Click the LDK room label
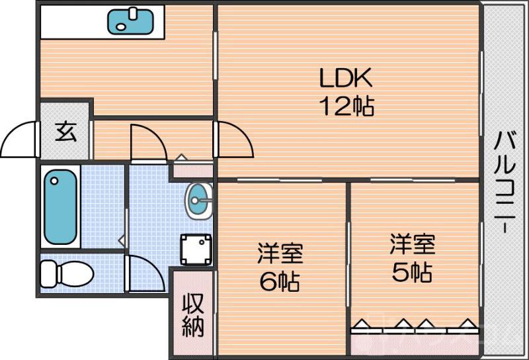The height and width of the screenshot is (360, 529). coord(347,78)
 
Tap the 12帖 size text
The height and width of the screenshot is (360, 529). coord(347,106)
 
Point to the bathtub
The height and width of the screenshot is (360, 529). coord(61,206)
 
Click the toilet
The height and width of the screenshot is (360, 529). coord(66,272)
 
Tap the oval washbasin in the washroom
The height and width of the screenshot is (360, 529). coord(199,200)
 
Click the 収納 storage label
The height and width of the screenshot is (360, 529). coord(193,314)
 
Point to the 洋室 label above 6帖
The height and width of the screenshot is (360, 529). coord(280,253)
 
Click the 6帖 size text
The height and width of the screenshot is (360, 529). coord(280,282)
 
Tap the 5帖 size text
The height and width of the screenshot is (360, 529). coord(412,271)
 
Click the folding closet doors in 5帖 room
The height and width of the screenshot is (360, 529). coord(414,325)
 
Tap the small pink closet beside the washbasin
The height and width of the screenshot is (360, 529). coord(192,170)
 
